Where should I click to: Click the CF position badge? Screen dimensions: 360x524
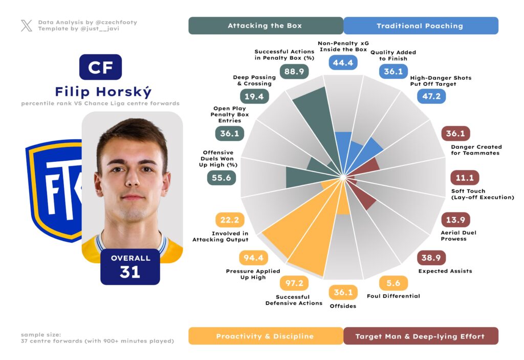click(x=100, y=67)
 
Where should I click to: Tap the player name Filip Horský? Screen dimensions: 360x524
click(x=103, y=92)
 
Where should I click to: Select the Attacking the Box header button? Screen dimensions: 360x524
click(x=265, y=26)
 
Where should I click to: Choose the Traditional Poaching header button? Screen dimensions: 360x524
click(x=420, y=26)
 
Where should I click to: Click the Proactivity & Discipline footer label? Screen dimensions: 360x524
click(x=265, y=336)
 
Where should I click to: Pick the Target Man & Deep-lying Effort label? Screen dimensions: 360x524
click(x=420, y=336)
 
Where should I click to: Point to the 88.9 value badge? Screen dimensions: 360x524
click(x=294, y=72)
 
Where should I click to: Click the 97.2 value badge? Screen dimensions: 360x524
click(x=294, y=283)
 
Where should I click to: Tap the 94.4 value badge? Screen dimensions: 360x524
click(x=254, y=258)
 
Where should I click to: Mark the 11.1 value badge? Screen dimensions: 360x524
click(x=465, y=178)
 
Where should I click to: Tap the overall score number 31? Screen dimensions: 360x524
click(x=130, y=272)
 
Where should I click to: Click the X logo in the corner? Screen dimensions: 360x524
click(x=26, y=26)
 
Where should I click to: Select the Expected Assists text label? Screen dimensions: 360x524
click(x=445, y=271)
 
